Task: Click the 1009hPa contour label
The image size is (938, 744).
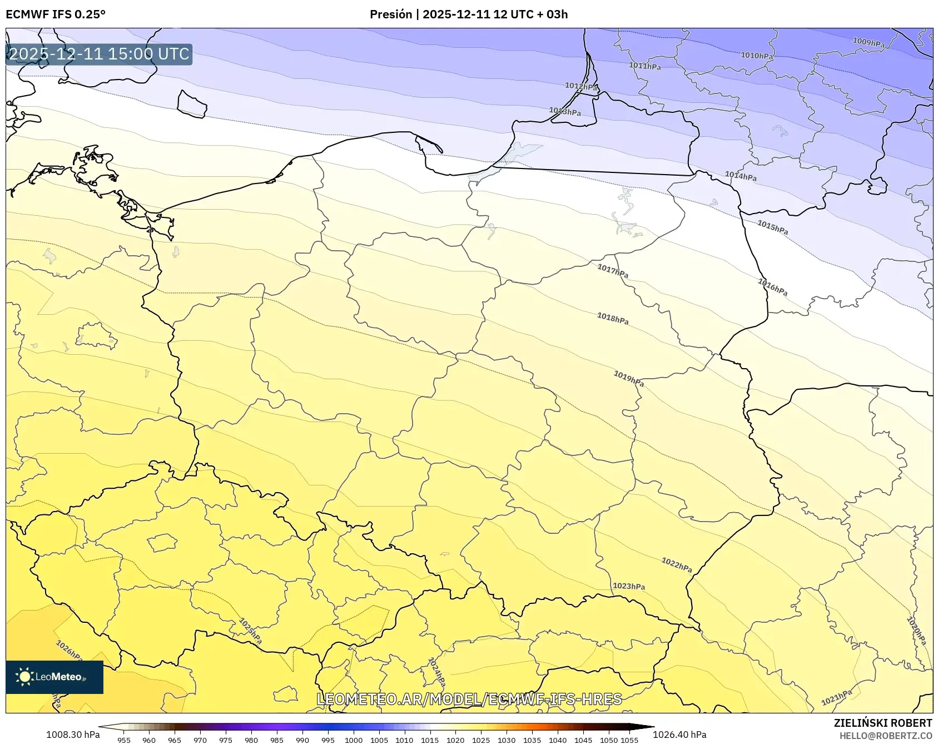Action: point(868,43)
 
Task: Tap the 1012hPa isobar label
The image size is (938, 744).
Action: point(581,86)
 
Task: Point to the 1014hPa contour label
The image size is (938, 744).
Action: point(740,176)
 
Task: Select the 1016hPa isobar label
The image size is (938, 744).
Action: point(772,287)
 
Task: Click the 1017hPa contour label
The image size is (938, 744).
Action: point(612,271)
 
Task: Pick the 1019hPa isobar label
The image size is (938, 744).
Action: point(628,379)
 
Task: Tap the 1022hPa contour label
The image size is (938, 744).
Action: point(676,565)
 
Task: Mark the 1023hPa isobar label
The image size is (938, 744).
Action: point(628,586)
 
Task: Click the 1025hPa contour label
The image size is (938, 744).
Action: point(250,631)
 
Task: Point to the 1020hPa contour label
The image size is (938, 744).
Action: point(916,631)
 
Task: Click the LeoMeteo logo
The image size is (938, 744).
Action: point(54,677)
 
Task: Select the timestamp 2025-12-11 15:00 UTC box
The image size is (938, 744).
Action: point(99,54)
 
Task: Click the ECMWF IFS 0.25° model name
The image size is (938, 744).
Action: point(56,14)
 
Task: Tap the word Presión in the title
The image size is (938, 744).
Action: point(391,14)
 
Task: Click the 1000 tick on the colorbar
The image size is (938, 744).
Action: point(353,740)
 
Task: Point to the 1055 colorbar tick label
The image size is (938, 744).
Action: point(629,740)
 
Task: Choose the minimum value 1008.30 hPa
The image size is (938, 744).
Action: point(73,735)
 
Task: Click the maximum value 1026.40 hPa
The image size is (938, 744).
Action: point(679,735)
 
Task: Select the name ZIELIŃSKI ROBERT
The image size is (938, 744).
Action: point(882,723)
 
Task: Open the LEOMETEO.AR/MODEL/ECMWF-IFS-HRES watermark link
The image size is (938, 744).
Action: point(469,699)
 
